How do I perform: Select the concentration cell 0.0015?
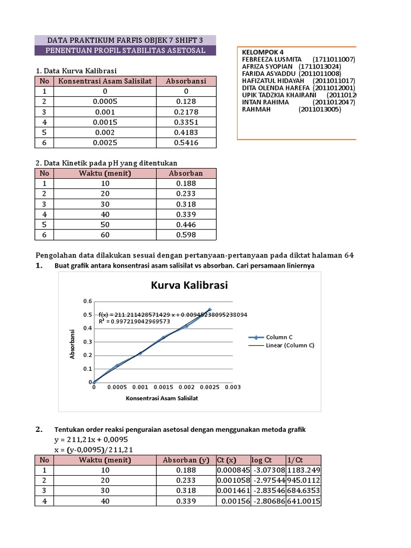[x=105, y=122]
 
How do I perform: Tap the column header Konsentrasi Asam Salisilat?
[x=105, y=81]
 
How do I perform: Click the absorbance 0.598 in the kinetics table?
[x=186, y=234]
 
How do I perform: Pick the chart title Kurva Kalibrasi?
[x=190, y=285]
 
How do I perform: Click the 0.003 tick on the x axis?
[x=232, y=387]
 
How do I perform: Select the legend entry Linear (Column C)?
[x=290, y=345]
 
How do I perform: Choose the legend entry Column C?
[x=279, y=337]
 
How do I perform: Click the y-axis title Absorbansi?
[x=72, y=343]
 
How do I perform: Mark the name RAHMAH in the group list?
[x=257, y=109]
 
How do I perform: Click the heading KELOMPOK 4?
[x=262, y=51]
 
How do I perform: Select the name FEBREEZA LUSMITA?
[x=272, y=59]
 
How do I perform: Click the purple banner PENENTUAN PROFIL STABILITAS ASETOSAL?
[x=125, y=50]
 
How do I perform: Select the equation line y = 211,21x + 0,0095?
[x=92, y=439]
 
